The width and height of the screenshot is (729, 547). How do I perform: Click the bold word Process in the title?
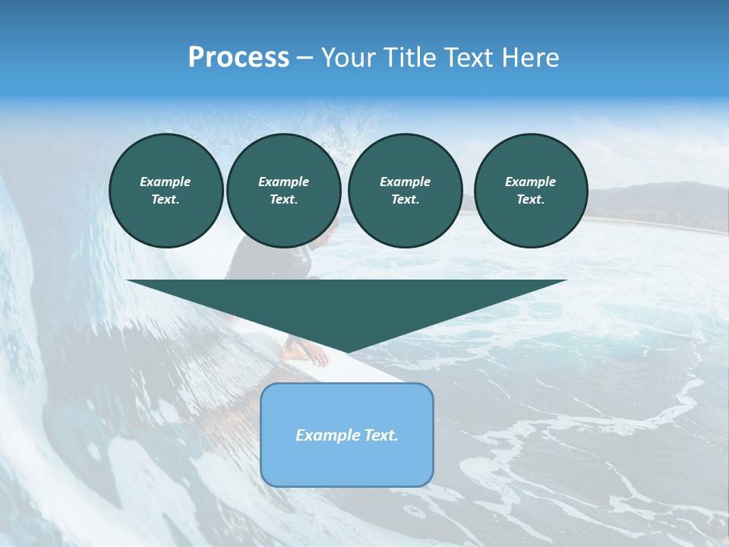(238, 58)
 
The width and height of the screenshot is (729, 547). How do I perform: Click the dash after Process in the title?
(305, 58)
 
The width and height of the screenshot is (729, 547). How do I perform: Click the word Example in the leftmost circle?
(166, 182)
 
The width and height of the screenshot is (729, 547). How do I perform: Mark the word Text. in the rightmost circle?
(531, 199)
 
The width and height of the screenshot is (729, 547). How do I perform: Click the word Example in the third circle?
(405, 182)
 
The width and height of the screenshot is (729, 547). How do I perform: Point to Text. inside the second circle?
(283, 199)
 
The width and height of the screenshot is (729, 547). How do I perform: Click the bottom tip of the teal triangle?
(347, 351)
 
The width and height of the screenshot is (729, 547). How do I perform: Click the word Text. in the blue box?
(380, 435)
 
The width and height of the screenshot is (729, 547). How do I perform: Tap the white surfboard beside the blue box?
(380, 372)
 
